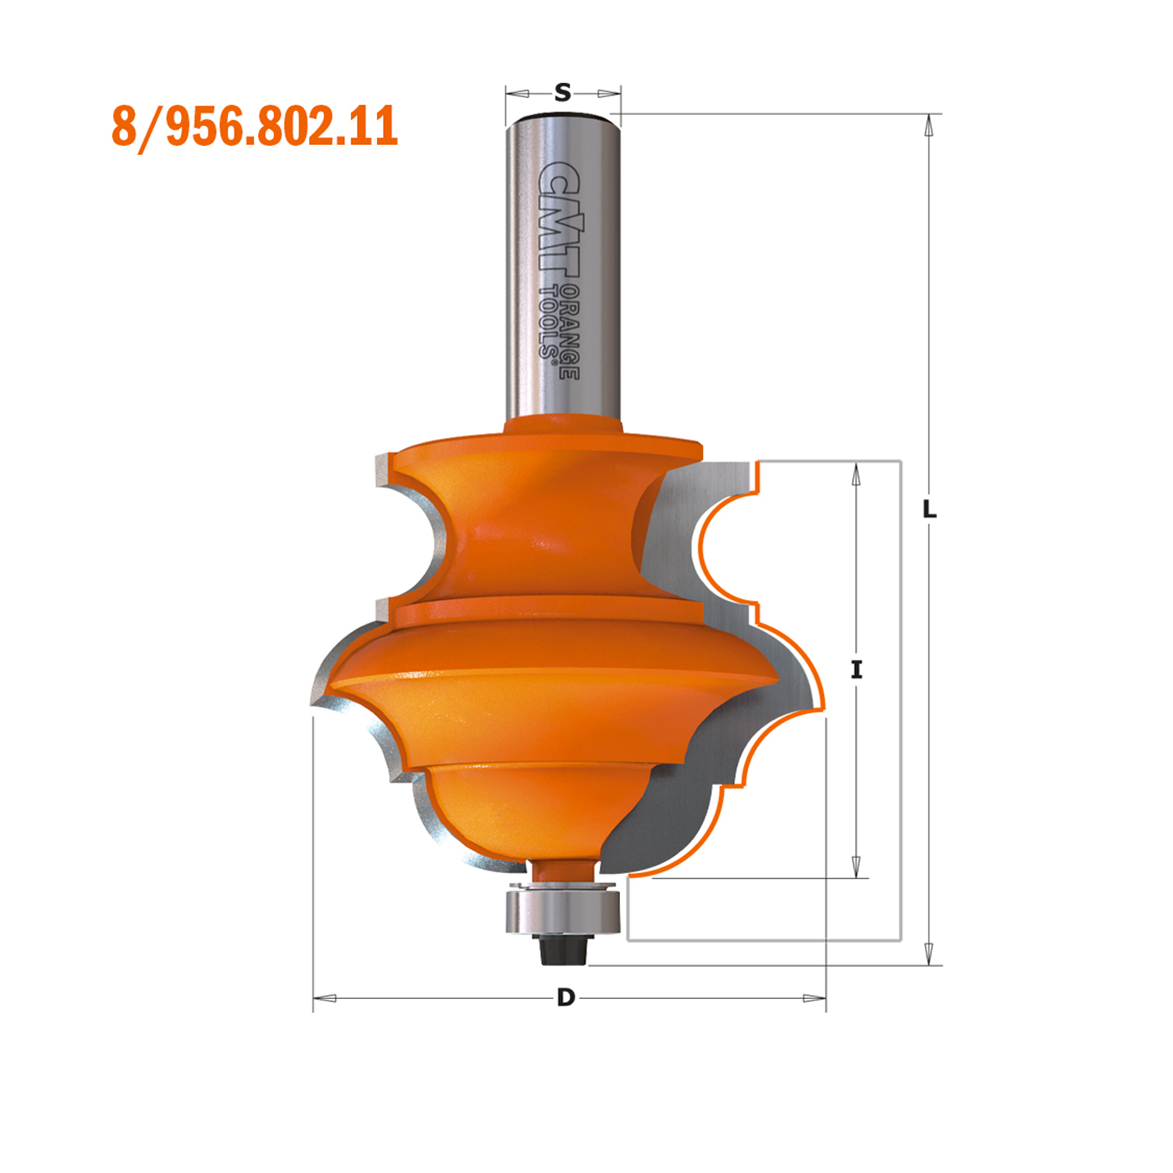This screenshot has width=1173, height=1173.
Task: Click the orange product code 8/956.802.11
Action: tap(255, 127)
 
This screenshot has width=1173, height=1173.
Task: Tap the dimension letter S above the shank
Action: tap(563, 92)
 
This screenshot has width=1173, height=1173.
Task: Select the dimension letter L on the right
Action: tap(929, 509)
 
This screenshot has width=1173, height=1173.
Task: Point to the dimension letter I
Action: tap(855, 669)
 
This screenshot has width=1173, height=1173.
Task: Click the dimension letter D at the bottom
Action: tap(566, 997)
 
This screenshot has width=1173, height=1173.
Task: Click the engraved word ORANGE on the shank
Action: tap(570, 332)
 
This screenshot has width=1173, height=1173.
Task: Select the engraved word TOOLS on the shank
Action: tap(548, 323)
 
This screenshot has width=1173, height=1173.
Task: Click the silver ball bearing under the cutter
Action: tap(562, 912)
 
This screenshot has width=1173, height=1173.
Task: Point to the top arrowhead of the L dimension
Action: tap(928, 125)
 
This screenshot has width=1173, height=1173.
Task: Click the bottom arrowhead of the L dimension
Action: tap(928, 953)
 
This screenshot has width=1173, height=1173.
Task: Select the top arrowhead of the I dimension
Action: tap(855, 474)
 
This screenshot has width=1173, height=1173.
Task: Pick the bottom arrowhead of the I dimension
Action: tap(855, 866)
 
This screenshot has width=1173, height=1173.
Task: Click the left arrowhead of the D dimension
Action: tap(325, 998)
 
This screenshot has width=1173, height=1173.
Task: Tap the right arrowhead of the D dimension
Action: tap(814, 998)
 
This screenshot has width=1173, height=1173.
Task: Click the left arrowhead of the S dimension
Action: tap(518, 93)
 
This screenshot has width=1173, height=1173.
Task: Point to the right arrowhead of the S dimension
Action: tap(608, 93)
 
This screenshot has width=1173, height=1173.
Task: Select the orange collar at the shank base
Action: tap(563, 424)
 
